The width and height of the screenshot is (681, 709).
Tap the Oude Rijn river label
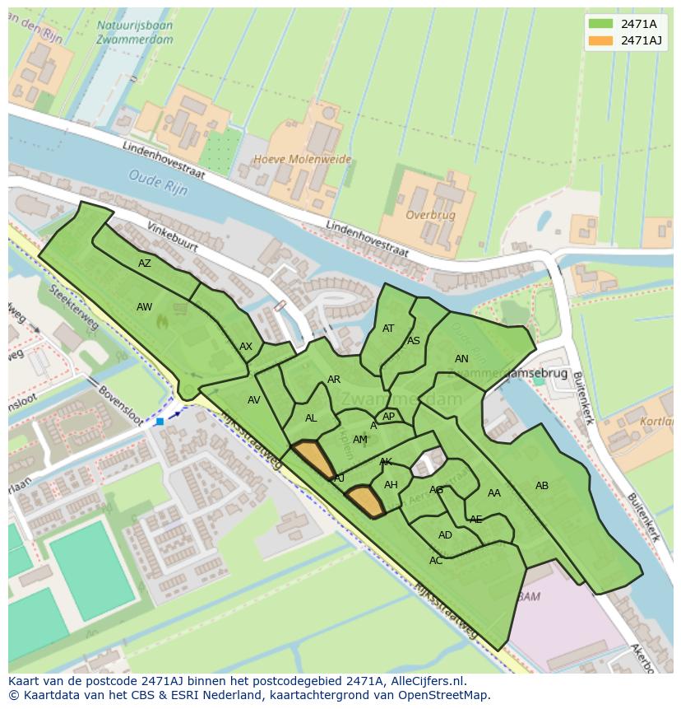pos(159,181)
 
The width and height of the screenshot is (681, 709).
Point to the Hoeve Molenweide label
pos(303,159)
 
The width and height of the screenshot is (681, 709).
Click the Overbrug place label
pos(431,214)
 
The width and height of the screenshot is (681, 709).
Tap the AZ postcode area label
pos(145,264)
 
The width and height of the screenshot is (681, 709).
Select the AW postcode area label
pos(145,307)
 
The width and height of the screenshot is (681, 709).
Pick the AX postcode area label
pos(246,347)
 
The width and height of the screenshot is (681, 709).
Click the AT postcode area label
pos(388,329)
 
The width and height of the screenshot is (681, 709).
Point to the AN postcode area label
pos(461,359)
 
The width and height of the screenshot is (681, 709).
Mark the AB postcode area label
pos(542,486)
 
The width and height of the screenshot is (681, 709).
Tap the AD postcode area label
pos(445,535)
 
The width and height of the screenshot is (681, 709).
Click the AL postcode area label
pos(311,418)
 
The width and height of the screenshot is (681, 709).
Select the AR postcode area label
pos(334,380)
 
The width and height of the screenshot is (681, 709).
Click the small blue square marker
pos(160,422)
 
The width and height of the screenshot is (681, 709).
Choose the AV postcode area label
pos(254,400)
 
